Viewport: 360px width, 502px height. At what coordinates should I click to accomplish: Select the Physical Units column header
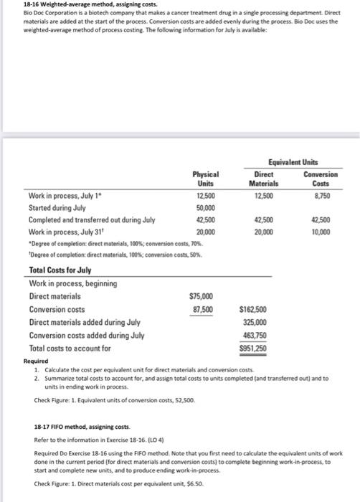[205, 178]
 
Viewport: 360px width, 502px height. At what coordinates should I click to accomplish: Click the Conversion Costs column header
[320, 178]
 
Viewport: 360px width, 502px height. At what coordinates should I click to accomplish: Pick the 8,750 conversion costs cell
[321, 195]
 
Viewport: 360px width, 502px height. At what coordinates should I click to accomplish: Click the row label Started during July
[62, 207]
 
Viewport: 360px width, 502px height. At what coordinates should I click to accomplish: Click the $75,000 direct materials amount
[201, 296]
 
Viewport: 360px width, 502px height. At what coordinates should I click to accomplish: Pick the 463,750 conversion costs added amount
[255, 335]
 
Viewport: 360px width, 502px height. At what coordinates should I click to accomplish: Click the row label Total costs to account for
[70, 348]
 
